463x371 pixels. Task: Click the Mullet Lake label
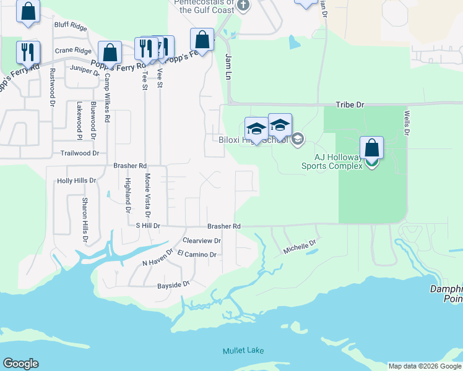(243, 351)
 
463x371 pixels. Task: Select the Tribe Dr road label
(350, 105)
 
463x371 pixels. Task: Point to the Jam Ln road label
(228, 66)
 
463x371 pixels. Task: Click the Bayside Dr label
(173, 284)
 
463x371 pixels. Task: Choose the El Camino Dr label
(196, 254)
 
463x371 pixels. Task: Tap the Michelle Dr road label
(300, 247)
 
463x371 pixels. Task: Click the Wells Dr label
(407, 124)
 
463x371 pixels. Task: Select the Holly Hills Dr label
(76, 181)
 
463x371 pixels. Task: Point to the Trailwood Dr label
(79, 153)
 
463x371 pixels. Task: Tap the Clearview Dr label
(202, 240)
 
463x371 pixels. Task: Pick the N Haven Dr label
(157, 262)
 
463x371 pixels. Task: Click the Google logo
(20, 364)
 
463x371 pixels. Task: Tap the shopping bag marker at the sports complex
(371, 148)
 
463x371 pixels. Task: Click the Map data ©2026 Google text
(425, 366)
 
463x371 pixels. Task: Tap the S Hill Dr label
(148, 226)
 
